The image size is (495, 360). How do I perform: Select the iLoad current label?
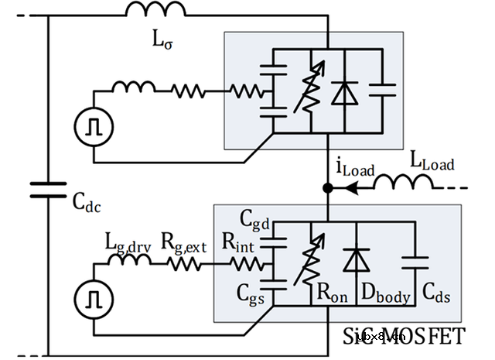click(x=353, y=166)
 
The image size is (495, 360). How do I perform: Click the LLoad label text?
click(x=432, y=163)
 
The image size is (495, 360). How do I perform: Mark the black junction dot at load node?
click(x=328, y=187)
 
